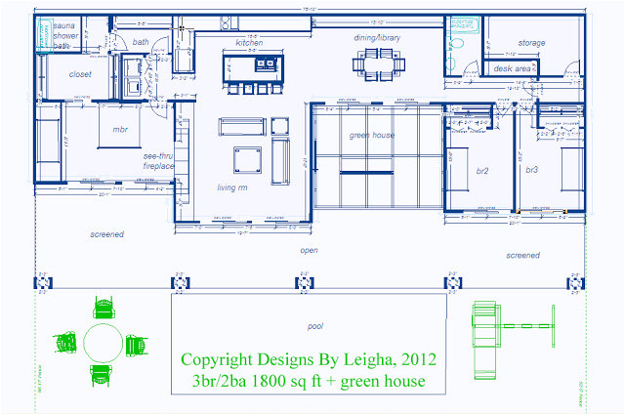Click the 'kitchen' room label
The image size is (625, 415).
coord(250,43)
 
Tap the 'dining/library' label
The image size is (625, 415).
coord(377,37)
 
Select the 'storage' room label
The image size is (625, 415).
coord(531,43)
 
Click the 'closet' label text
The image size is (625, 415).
coord(80,74)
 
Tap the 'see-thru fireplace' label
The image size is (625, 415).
coord(159,161)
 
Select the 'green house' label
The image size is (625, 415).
coord(371,135)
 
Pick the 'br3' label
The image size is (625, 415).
coord(532,170)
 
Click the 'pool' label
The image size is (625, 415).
coord(314,326)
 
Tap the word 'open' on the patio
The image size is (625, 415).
coord(309,249)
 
